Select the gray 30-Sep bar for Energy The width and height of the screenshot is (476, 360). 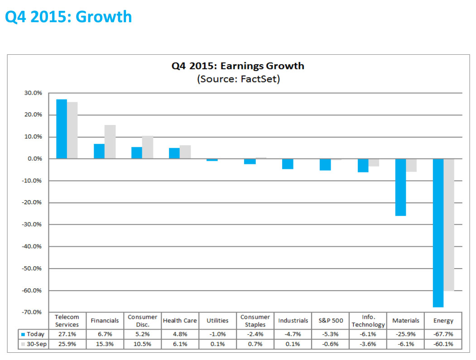point(448,225)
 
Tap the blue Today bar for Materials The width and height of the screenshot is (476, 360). point(400,187)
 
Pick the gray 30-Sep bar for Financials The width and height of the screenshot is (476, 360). point(110,142)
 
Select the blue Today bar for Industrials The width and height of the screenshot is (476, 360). point(288,164)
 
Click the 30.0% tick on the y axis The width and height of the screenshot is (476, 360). point(33,93)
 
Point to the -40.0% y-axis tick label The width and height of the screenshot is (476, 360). point(31,246)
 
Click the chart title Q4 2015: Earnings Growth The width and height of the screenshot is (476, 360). point(237,66)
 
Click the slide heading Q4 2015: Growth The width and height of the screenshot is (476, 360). point(68,17)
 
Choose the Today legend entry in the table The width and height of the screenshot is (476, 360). point(33,334)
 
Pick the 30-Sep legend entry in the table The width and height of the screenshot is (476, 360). point(33,344)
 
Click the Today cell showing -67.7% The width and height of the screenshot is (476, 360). point(443,334)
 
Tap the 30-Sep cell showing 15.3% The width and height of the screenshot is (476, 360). point(105,344)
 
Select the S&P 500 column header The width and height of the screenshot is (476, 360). point(331,321)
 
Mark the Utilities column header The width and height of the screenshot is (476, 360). point(217,321)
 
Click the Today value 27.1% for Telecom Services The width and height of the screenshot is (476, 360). point(67,334)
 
